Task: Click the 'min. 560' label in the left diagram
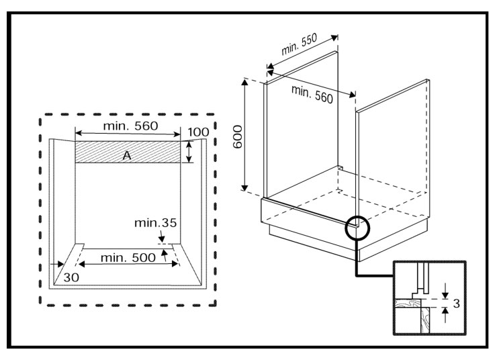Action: pyautogui.click(x=130, y=126)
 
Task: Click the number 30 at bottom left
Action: pyautogui.click(x=72, y=276)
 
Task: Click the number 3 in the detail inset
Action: pyautogui.click(x=456, y=304)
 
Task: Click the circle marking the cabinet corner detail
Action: pyautogui.click(x=357, y=228)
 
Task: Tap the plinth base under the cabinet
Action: pyautogui.click(x=316, y=238)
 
